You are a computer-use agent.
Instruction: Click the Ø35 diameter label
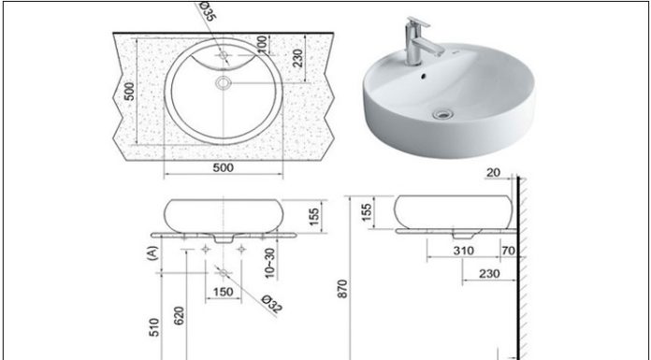(207, 13)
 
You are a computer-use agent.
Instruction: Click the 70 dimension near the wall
(506, 251)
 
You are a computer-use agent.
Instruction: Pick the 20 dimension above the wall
(493, 173)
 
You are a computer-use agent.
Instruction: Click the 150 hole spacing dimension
(223, 293)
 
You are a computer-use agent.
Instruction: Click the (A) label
(150, 252)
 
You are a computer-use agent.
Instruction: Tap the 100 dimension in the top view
(263, 44)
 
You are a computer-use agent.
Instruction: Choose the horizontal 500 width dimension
(223, 168)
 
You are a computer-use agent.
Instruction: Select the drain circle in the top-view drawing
(223, 84)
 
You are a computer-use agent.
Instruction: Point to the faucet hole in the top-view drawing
(223, 55)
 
